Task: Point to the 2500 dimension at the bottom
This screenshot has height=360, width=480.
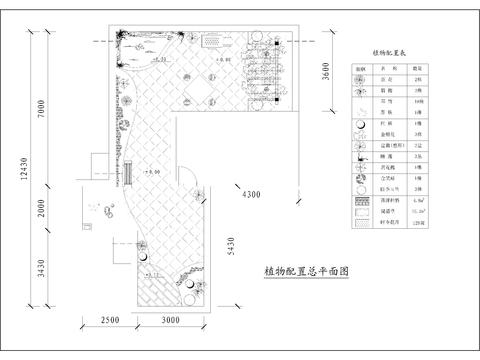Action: click(110, 320)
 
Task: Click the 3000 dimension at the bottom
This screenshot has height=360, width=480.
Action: click(170, 320)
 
